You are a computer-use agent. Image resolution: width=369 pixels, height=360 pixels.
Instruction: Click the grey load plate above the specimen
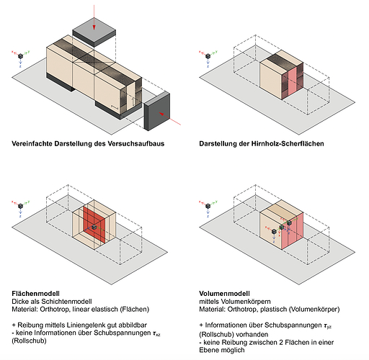click(94, 32)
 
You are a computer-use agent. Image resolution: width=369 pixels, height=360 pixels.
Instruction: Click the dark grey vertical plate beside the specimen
click(157, 112)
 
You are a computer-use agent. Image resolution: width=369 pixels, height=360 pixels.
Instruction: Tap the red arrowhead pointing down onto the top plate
click(94, 27)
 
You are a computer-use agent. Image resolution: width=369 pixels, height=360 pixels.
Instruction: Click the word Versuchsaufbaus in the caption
click(136, 144)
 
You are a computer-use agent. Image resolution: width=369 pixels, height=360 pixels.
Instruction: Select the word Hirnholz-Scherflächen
click(288, 144)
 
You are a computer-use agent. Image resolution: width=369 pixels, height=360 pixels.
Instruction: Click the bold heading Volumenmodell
click(224, 294)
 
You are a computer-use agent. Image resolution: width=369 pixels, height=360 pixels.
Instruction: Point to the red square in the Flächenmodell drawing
click(94, 225)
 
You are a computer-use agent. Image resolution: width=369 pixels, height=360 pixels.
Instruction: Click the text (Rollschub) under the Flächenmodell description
click(29, 341)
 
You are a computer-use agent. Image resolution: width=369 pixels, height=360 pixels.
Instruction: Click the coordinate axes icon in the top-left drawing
click(21, 58)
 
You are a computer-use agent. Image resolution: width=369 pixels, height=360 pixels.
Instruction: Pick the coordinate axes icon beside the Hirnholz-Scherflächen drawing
click(208, 58)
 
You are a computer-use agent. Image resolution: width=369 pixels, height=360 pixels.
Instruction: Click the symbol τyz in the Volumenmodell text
click(327, 325)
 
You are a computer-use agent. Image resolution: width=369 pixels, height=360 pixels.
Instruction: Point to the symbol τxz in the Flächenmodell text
click(156, 333)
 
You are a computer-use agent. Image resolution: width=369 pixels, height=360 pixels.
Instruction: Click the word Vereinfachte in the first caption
click(32, 144)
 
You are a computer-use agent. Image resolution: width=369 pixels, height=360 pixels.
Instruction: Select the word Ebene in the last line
click(208, 350)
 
